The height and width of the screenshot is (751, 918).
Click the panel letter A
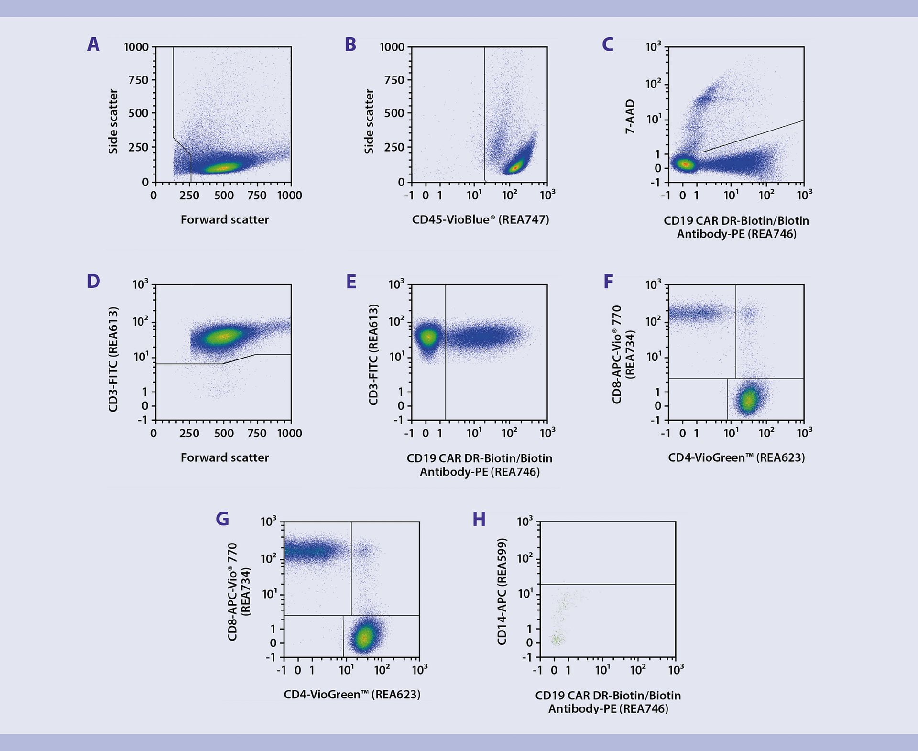point(94,45)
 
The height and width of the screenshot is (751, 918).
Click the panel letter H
point(479,519)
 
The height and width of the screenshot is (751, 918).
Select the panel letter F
point(608,282)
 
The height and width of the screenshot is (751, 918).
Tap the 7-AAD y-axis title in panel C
point(630,116)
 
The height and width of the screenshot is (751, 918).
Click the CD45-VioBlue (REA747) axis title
point(480,219)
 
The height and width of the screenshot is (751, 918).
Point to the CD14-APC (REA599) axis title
point(502,591)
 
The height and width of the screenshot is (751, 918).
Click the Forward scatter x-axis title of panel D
point(224,457)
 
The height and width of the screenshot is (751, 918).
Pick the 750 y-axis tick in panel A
point(138,80)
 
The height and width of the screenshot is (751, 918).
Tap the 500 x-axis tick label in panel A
point(223,196)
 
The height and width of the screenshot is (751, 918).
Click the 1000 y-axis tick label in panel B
point(392,47)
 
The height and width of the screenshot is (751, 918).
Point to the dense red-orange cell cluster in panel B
point(515,167)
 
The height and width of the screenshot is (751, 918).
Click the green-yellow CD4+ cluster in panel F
point(749,400)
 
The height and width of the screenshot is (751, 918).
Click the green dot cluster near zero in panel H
point(556,639)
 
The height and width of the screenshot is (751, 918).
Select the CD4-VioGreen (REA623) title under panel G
point(352,695)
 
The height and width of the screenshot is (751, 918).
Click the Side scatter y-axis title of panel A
point(113,121)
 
